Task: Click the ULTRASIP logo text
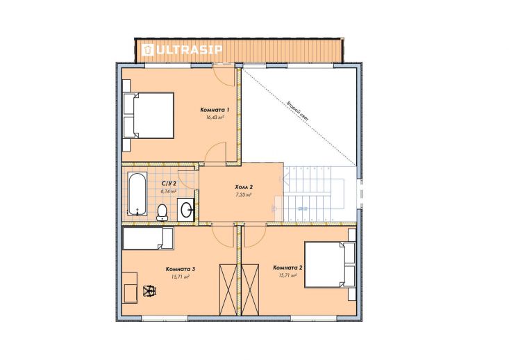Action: pos(182,50)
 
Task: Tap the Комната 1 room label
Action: pos(215,110)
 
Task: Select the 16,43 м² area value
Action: pos(215,117)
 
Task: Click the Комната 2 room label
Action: pos(288,268)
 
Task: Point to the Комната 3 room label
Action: pos(180,270)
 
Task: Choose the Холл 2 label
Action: pos(244,187)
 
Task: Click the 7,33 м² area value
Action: pos(244,195)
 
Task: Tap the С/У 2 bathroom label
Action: pos(169,183)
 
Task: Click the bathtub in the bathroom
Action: pos(137,194)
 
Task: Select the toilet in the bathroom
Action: pos(162,213)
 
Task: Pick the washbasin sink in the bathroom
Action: pos(185,210)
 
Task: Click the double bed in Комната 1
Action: pos(149,115)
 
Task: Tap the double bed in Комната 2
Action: pos(330,265)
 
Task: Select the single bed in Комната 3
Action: pos(149,238)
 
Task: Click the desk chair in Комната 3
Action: pos(150,290)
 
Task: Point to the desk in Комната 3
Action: pos(130,288)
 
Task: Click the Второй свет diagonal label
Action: pos(297,111)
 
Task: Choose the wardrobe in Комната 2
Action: pos(250,290)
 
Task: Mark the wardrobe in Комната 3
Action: pos(228,290)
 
